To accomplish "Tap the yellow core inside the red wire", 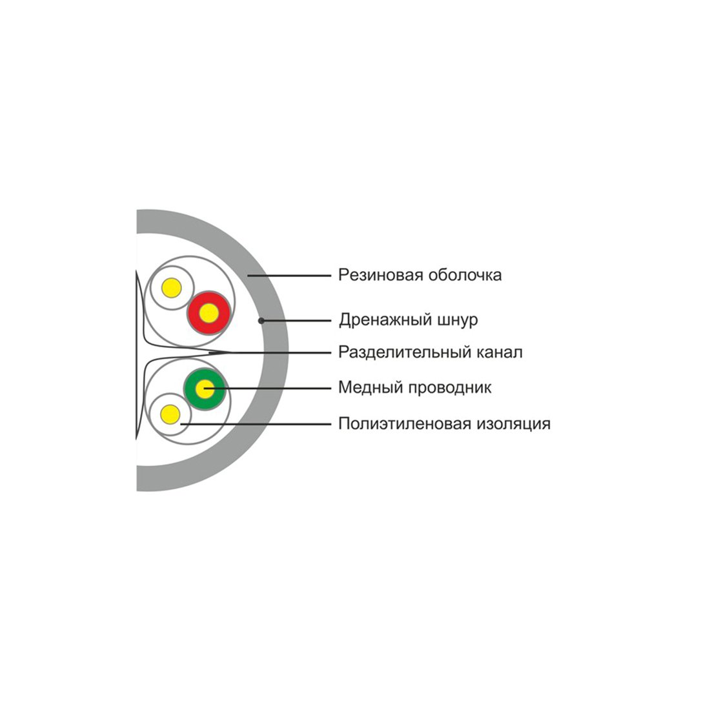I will pyautogui.click(x=208, y=314).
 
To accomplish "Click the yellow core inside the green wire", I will pyautogui.click(x=206, y=388).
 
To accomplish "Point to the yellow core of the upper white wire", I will pyautogui.click(x=172, y=289).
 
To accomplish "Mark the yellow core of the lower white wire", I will pyautogui.click(x=170, y=414).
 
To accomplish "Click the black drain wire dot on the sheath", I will pyautogui.click(x=260, y=320).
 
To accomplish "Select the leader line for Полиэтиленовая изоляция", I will pyautogui.click(x=258, y=424).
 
